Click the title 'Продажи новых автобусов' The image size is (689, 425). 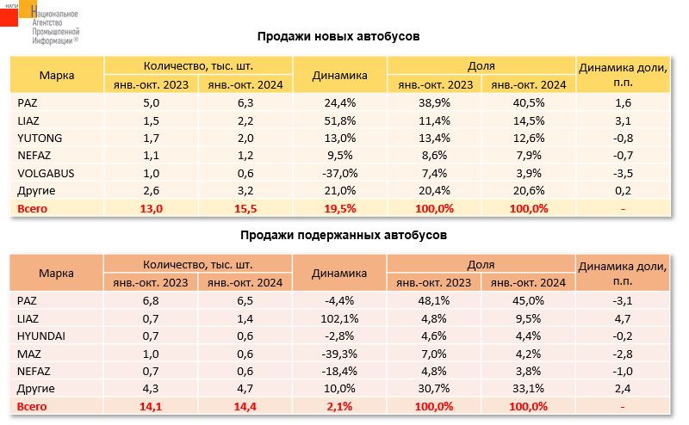coord(338,37)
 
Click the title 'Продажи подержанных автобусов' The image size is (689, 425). coord(338,235)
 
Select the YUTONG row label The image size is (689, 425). coord(40,139)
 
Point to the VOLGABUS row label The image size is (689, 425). coord(46,172)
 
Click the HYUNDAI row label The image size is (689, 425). coord(42,336)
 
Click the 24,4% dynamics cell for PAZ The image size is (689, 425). coord(340,103)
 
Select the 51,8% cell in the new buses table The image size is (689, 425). coord(340,121)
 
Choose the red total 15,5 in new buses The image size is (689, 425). coord(245,208)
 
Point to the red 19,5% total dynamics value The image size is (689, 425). coord(340,208)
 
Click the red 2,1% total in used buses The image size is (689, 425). coord(340,406)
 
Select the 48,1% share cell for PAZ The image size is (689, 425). coord(434,301)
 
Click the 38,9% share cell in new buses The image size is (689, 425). coord(434,103)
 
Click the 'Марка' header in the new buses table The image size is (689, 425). coord(57,75)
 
